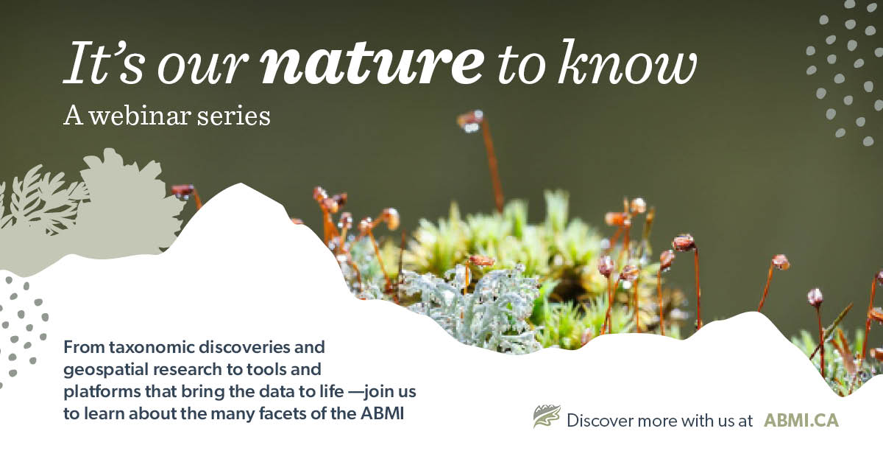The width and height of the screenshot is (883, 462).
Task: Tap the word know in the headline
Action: point(628,62)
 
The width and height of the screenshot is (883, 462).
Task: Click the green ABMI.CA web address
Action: point(801,421)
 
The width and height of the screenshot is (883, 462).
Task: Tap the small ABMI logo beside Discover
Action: point(547,416)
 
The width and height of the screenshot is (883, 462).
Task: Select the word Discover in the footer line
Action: point(600,421)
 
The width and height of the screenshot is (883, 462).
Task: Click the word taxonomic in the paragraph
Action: point(152,347)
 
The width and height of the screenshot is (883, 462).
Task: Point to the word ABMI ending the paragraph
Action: point(383,414)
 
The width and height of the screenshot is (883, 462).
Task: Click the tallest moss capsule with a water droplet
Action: point(471,120)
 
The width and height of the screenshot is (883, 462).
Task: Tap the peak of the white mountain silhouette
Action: point(241,184)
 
